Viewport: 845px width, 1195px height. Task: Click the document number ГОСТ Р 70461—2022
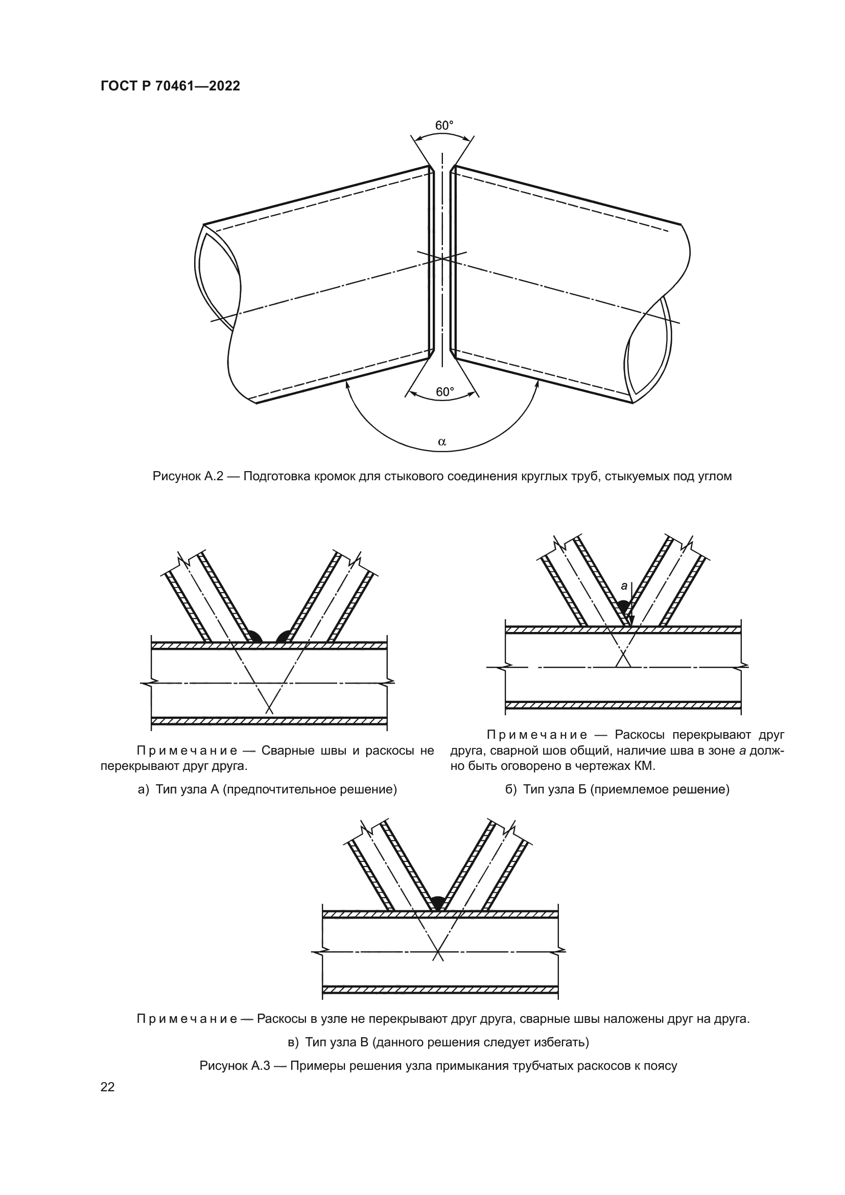(x=170, y=86)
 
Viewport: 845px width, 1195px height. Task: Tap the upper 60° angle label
(x=444, y=126)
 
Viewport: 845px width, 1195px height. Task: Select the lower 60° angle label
(x=444, y=391)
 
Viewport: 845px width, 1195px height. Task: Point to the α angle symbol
(x=442, y=442)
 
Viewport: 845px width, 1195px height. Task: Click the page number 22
(x=108, y=1087)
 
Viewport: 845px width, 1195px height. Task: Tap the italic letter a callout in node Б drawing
(x=624, y=586)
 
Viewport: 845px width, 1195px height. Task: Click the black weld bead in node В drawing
(x=438, y=902)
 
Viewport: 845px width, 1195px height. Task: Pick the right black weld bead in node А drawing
(x=284, y=636)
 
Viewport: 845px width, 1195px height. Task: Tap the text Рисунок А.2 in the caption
(x=187, y=476)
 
